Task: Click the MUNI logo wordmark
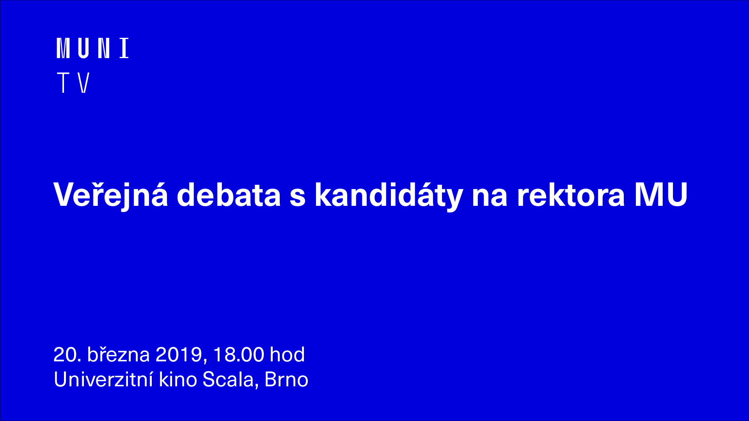click(x=93, y=48)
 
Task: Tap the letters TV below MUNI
click(x=73, y=82)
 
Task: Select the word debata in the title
click(x=229, y=194)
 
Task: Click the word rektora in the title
click(x=571, y=195)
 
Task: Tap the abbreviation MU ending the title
click(x=661, y=194)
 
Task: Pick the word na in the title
click(x=490, y=197)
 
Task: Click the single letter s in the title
click(x=297, y=197)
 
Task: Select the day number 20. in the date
click(x=67, y=355)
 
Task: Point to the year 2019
click(x=179, y=355)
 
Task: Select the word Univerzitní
click(x=103, y=379)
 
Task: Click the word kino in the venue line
click(x=178, y=379)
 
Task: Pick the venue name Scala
click(x=228, y=379)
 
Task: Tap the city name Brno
click(x=286, y=379)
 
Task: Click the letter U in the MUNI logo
click(x=83, y=48)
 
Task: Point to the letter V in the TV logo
click(x=84, y=82)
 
